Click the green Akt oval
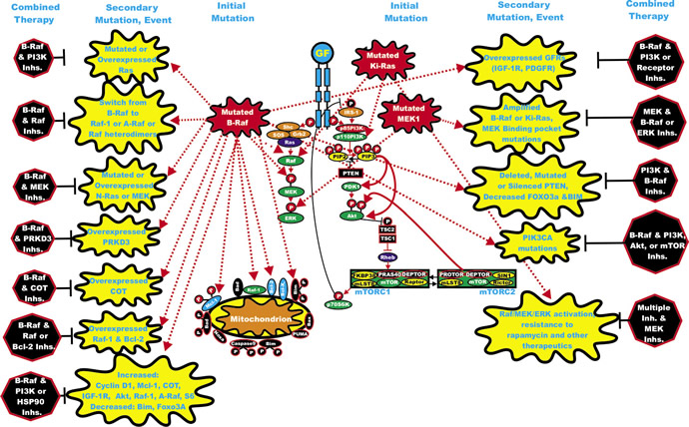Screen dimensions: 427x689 pos(353,214)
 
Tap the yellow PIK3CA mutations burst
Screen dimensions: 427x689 pos(538,239)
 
